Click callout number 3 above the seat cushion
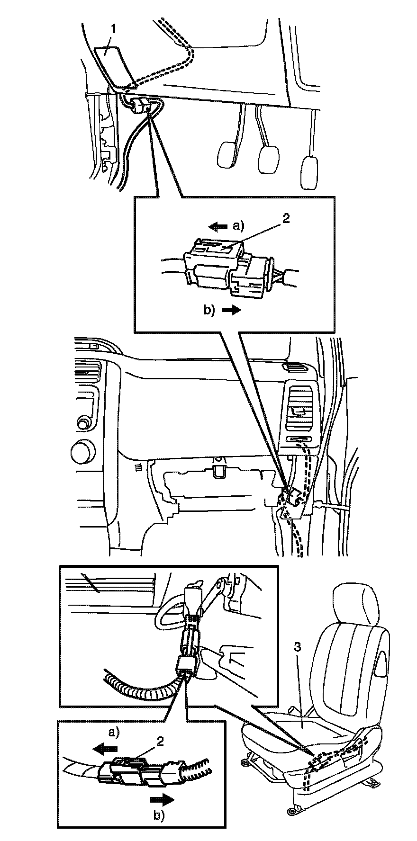(x=297, y=647)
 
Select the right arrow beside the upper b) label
(x=232, y=310)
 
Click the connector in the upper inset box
(x=227, y=270)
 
